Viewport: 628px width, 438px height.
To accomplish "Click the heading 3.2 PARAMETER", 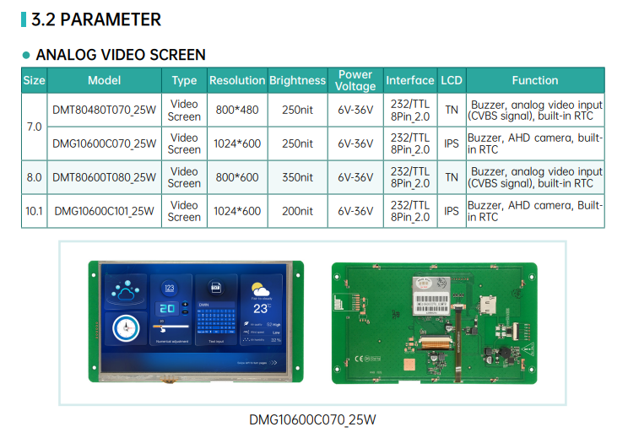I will click(x=95, y=19).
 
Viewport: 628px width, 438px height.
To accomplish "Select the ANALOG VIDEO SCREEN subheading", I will click(x=120, y=55).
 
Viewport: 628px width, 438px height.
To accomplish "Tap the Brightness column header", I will click(x=297, y=80).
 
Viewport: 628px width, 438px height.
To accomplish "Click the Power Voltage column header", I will click(x=355, y=80).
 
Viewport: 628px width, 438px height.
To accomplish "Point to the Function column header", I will click(x=534, y=80).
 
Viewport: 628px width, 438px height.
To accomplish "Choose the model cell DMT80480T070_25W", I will click(x=105, y=110).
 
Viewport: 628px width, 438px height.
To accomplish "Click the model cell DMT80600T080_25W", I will click(x=105, y=177).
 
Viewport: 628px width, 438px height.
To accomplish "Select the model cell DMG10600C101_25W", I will click(x=105, y=211).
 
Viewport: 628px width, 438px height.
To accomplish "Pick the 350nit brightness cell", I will click(x=297, y=177).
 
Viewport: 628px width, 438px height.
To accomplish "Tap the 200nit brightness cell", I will click(x=297, y=211).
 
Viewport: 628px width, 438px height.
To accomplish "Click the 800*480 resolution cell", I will click(x=237, y=110).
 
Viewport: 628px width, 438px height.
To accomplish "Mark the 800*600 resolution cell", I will click(x=237, y=177).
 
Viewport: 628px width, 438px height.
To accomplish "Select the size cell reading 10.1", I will click(x=34, y=211).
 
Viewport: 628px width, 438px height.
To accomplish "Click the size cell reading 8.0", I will click(x=34, y=177).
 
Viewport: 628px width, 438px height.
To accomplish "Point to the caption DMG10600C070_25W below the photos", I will click(x=312, y=419).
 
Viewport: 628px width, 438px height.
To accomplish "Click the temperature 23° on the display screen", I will click(x=260, y=308).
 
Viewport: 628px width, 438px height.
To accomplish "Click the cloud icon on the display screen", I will click(x=126, y=292).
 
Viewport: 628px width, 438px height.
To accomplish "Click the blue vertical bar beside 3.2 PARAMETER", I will click(x=24, y=19).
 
